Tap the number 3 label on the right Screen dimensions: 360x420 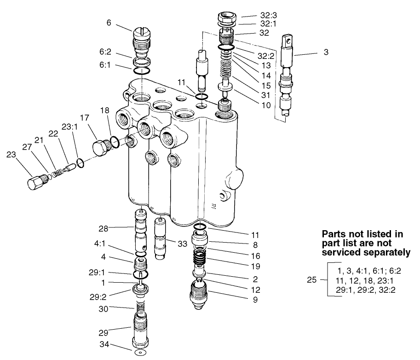326,53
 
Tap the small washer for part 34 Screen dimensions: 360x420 138,353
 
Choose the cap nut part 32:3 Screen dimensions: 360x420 226,20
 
